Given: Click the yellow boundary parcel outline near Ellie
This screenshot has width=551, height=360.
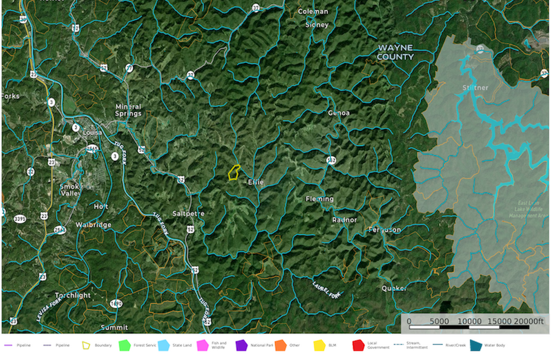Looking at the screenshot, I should pos(234,172).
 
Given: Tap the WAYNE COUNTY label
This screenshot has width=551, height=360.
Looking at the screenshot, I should pos(395,52).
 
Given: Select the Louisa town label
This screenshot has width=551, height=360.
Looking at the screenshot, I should pos(92,132).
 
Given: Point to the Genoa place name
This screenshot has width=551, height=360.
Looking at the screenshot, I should pos(338,113).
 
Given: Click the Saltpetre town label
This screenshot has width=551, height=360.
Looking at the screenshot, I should pos(188,213).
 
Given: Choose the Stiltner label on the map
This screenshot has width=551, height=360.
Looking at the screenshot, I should pos(475,88).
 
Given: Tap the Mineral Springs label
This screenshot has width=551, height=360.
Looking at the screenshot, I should pos(128,110).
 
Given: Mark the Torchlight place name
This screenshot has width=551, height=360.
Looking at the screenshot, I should pos(73,295).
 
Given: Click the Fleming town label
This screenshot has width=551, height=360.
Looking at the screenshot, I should pos(319,199).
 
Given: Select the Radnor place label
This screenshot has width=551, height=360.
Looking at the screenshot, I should pos(344,220).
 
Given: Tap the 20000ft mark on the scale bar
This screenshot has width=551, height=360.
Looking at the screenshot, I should pos(529,321).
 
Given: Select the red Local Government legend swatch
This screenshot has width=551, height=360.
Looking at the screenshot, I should pos(358,346).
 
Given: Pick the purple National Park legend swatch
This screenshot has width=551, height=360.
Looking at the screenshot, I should pos(241,346).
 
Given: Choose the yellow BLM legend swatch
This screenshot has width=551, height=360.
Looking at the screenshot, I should pos(319,346).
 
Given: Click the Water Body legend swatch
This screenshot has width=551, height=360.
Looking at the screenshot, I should pos(476,346).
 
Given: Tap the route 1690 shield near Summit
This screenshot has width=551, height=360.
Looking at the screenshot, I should pos(116,304).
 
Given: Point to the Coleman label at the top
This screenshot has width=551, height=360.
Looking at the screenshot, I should pos(313,11).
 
